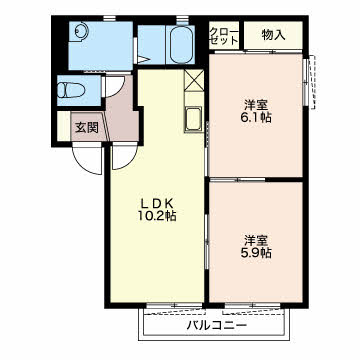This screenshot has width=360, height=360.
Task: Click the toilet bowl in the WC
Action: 71,90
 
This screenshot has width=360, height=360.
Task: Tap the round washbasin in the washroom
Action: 81,32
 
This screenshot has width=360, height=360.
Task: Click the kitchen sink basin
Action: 193,119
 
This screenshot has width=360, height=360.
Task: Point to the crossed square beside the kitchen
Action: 193,80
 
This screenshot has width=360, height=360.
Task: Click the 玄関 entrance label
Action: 87,128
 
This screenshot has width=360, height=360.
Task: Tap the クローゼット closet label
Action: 224,35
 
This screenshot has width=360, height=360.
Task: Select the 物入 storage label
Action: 273,35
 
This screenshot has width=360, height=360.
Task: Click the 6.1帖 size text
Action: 256,118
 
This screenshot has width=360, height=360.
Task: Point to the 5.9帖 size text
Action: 256,253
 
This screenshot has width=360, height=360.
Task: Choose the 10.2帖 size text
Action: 157,216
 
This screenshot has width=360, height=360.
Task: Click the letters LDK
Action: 157,203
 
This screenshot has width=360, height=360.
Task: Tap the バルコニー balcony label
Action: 217,325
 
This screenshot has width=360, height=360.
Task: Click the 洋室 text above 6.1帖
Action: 256,105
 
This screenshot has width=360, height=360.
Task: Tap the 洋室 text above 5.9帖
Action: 256,241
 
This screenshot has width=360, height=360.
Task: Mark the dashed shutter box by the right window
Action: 312,82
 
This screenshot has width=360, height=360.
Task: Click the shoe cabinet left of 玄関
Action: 64,126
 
